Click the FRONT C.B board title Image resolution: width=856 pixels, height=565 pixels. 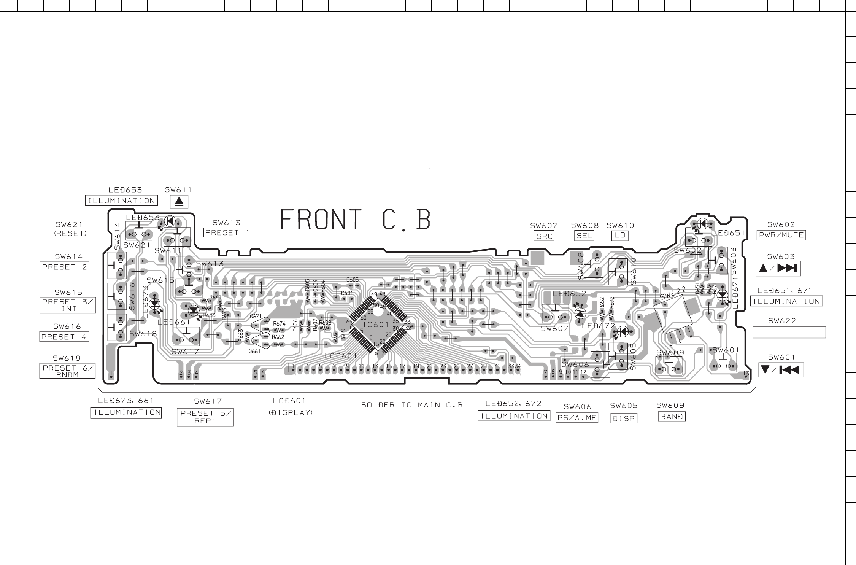click(x=356, y=220)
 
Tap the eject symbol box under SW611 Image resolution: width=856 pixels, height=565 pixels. click(x=179, y=202)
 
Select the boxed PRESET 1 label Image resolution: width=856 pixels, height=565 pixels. click(x=227, y=232)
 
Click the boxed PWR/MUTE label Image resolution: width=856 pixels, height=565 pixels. click(x=781, y=235)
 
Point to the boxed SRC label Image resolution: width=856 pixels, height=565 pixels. click(x=544, y=236)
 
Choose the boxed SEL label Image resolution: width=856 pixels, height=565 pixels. click(x=584, y=236)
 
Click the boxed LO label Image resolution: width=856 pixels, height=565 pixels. click(x=619, y=236)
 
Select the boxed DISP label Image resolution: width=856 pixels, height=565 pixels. click(x=624, y=419)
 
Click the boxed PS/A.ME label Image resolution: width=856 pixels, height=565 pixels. click(x=577, y=419)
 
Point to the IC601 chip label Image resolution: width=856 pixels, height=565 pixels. click(x=376, y=325)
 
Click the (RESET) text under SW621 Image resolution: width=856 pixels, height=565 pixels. click(x=70, y=234)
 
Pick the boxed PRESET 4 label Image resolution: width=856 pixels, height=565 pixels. click(x=64, y=337)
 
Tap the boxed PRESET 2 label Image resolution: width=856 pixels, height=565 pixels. click(x=64, y=267)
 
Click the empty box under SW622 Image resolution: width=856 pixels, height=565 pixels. click(x=789, y=332)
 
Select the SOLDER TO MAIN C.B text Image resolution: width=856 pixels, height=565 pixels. click(x=412, y=405)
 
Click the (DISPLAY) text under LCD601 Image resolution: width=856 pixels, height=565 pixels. click(x=291, y=412)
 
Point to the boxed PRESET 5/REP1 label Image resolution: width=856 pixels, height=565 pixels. click(x=205, y=417)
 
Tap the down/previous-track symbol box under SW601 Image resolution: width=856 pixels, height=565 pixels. click(x=781, y=370)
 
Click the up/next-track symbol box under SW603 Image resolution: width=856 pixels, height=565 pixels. click(x=778, y=269)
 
